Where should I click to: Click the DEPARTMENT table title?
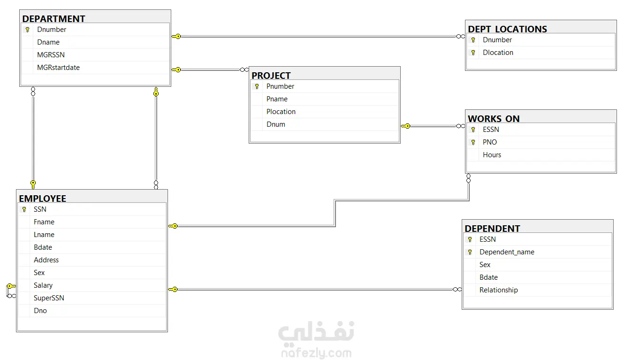[53, 19]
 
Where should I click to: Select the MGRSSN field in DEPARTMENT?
[51, 55]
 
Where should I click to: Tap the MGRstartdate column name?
[58, 68]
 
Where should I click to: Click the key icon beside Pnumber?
[257, 86]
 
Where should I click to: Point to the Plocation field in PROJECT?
[281, 112]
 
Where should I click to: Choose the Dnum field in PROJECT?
[276, 124]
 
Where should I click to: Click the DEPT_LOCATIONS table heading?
[507, 29]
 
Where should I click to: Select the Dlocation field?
[498, 53]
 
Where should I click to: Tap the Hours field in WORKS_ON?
[492, 155]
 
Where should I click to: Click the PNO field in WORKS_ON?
[490, 142]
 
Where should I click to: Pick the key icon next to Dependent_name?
[470, 252]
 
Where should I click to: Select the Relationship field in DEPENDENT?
[499, 290]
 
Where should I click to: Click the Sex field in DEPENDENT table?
[485, 265]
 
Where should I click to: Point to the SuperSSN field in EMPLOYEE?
[49, 298]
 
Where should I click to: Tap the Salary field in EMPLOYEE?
[43, 285]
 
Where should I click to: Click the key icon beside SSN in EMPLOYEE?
[24, 209]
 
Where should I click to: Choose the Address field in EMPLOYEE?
[46, 260]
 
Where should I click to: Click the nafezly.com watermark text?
[316, 353]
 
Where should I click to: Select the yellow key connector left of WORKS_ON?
[405, 126]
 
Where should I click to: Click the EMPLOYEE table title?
[42, 199]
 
